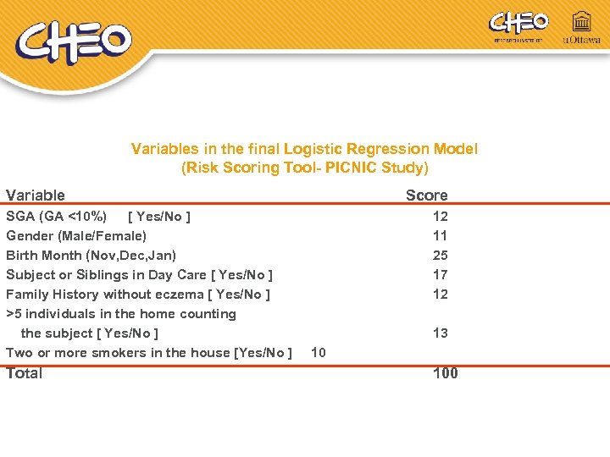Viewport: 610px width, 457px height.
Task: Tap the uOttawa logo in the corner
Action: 581,28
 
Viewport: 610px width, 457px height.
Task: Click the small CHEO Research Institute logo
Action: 518,25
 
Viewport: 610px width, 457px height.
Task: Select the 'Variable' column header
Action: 36,195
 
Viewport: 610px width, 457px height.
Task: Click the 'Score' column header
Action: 426,195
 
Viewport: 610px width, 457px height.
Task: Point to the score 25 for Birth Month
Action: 441,255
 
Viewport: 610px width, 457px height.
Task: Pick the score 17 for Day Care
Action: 441,274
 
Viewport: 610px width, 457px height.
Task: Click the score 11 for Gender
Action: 441,235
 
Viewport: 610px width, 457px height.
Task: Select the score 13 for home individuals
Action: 441,333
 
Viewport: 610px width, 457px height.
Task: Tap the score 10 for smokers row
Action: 319,352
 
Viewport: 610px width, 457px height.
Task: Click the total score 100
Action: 445,373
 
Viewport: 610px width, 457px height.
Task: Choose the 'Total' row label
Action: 25,373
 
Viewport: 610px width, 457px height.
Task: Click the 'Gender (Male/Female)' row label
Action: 76,235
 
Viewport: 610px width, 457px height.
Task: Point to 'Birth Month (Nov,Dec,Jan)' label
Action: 91,255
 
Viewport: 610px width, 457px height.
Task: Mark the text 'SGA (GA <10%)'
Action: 57,216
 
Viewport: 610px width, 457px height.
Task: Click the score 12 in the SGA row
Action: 441,216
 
